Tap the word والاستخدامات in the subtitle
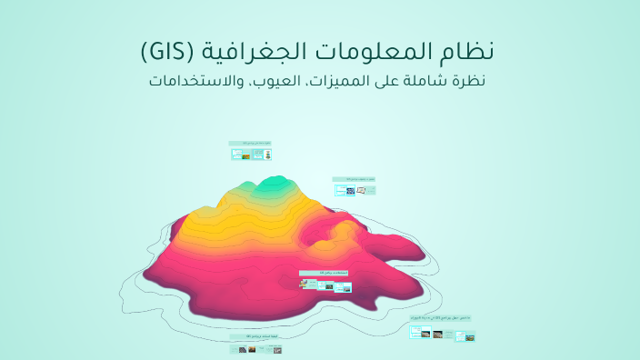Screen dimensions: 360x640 click(189, 80)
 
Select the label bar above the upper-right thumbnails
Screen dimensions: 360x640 click(355, 179)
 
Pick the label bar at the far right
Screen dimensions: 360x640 click(441, 318)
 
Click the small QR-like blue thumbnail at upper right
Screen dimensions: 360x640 click(350, 191)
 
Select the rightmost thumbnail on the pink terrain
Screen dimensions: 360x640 click(343, 286)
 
